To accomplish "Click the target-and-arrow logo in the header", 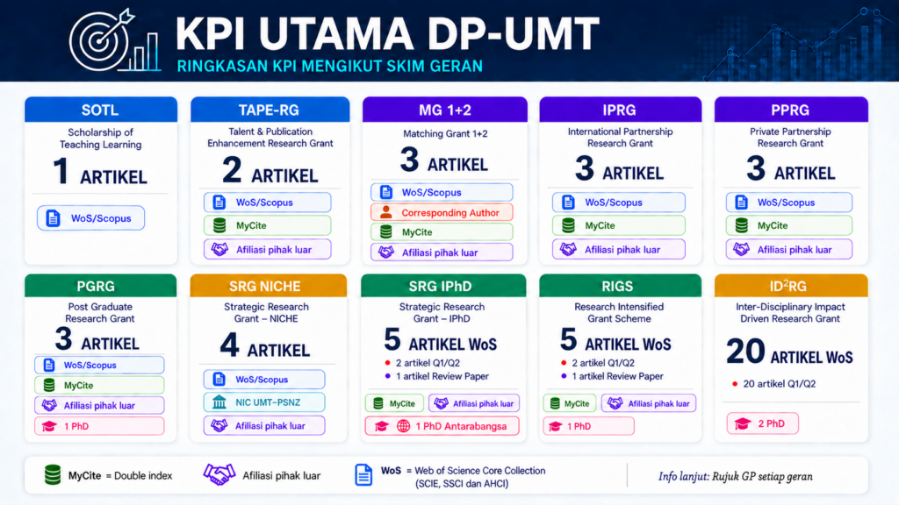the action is click(113, 41).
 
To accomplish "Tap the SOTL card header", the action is click(101, 110).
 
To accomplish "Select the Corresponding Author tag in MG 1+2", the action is click(442, 212).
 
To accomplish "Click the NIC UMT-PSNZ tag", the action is click(263, 402).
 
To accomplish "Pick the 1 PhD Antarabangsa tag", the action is click(442, 426).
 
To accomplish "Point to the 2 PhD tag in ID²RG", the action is click(763, 423).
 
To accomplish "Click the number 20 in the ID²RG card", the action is click(745, 351).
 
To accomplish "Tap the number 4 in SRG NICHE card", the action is click(229, 345).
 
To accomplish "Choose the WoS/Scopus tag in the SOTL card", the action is click(90, 218).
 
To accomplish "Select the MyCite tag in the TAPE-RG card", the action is click(267, 225).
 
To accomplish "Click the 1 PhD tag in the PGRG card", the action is click(99, 426).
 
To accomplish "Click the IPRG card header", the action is click(621, 110).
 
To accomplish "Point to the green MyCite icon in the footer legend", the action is click(53, 475).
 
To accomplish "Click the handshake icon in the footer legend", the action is click(219, 474).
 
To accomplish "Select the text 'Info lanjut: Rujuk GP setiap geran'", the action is click(735, 476).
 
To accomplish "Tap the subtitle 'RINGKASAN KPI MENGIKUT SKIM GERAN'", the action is click(330, 67).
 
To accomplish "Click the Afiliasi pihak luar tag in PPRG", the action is click(789, 250).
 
